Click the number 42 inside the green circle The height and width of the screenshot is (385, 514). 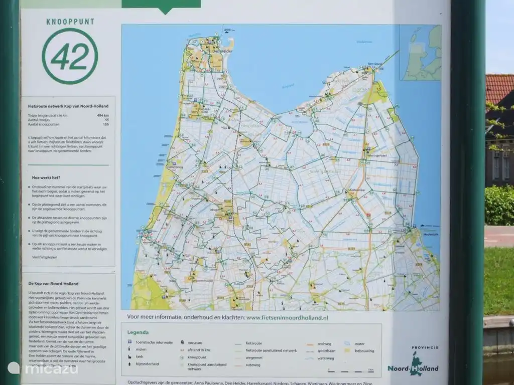[x=70, y=56]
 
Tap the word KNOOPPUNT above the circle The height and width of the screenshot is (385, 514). [x=70, y=22]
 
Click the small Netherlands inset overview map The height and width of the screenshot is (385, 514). [x=420, y=53]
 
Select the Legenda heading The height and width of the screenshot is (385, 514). [x=138, y=332]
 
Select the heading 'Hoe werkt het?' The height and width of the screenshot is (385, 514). [x=46, y=177]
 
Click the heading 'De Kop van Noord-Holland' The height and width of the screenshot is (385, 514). [x=49, y=284]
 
